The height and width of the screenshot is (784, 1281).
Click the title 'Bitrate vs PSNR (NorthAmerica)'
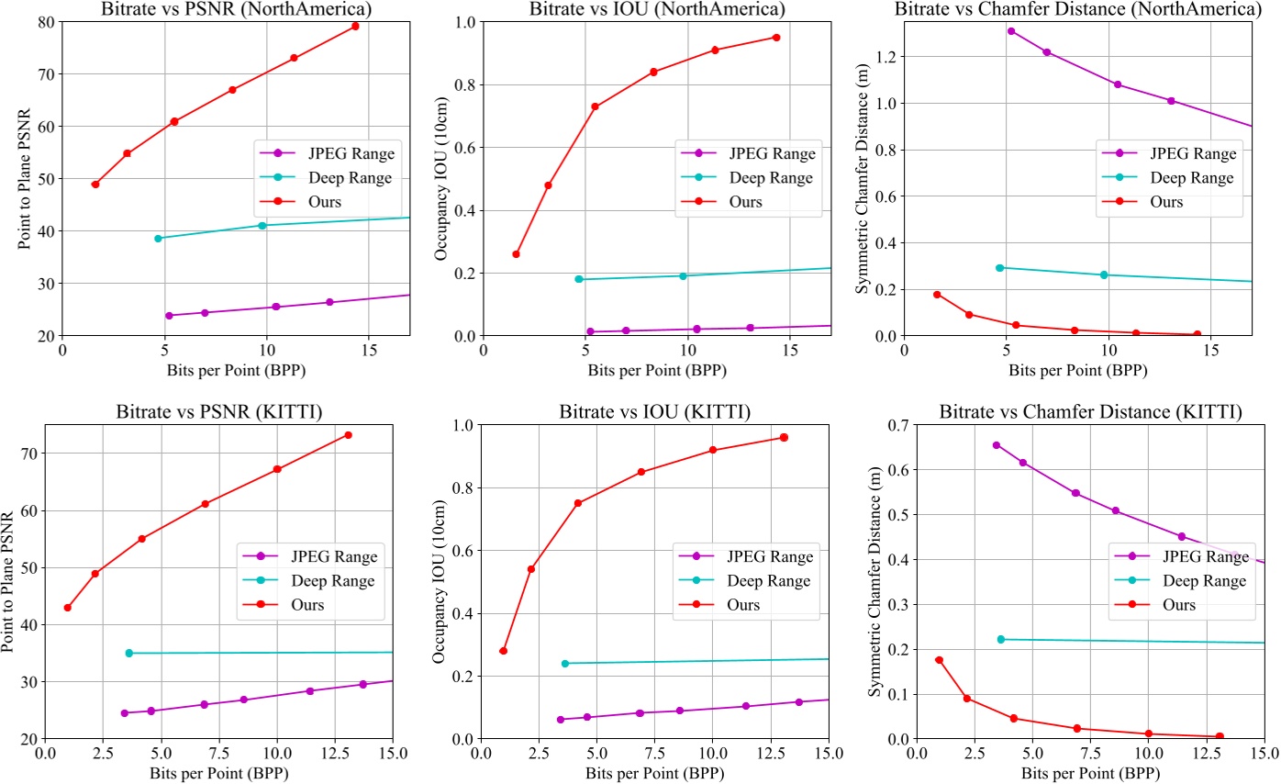pos(236,9)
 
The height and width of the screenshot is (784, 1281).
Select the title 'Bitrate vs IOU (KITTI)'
pos(654,412)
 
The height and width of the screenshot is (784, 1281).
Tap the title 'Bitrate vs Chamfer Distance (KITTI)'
pos(1090,412)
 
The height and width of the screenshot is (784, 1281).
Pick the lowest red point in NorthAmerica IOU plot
pos(516,254)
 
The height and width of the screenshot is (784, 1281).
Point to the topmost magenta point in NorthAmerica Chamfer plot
pos(1011,31)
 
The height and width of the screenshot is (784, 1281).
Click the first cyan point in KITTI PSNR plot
pos(129,653)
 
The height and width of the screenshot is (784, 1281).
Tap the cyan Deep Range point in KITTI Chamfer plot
pos(1001,639)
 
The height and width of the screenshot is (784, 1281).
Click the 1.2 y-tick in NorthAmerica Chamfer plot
pos(886,57)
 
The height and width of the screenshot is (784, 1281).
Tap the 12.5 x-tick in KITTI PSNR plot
pos(334,755)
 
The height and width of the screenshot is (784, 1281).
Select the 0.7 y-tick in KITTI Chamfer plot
pos(886,425)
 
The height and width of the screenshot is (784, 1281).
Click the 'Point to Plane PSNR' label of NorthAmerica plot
pos(24,179)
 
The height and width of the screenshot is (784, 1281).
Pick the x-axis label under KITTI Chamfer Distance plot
pos(1090,774)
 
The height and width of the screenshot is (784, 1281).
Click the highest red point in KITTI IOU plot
pos(784,437)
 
